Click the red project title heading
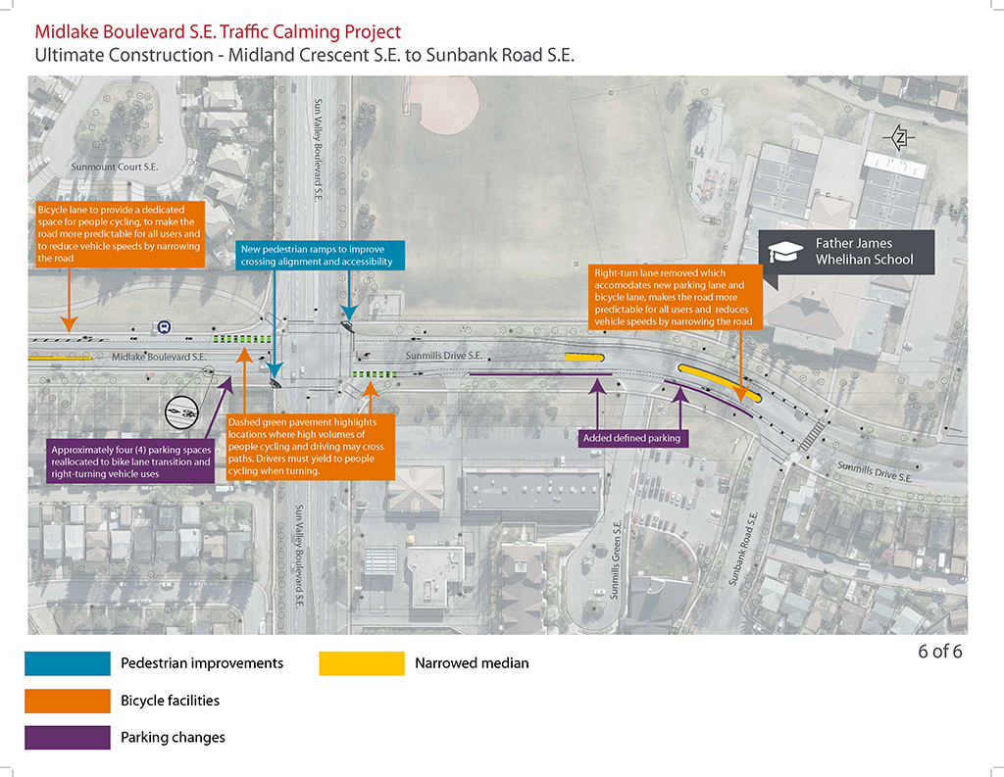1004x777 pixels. pos(218,31)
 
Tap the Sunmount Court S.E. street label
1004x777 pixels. pos(114,167)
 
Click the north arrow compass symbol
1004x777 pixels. pos(899,137)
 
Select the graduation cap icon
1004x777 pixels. pos(785,252)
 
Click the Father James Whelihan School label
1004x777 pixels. pos(864,252)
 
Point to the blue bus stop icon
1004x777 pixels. pos(164,327)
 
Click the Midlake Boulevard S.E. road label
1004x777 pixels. pos(159,357)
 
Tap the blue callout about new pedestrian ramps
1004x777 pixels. pos(321,256)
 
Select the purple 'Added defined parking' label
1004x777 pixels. pos(632,438)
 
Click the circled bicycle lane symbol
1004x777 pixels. pos(181,413)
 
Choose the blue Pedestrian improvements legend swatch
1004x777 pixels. pos(68,663)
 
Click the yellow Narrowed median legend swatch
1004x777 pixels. pos(362,663)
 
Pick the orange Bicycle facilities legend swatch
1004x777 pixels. pos(68,701)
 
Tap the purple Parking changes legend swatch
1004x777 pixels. pos(68,738)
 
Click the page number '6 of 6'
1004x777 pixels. pos(940,652)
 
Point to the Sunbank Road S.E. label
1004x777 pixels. pos(743,549)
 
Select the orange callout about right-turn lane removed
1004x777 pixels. pos(675,298)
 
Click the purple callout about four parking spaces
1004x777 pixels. pos(130,461)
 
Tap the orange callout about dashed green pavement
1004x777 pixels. pos(311,447)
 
